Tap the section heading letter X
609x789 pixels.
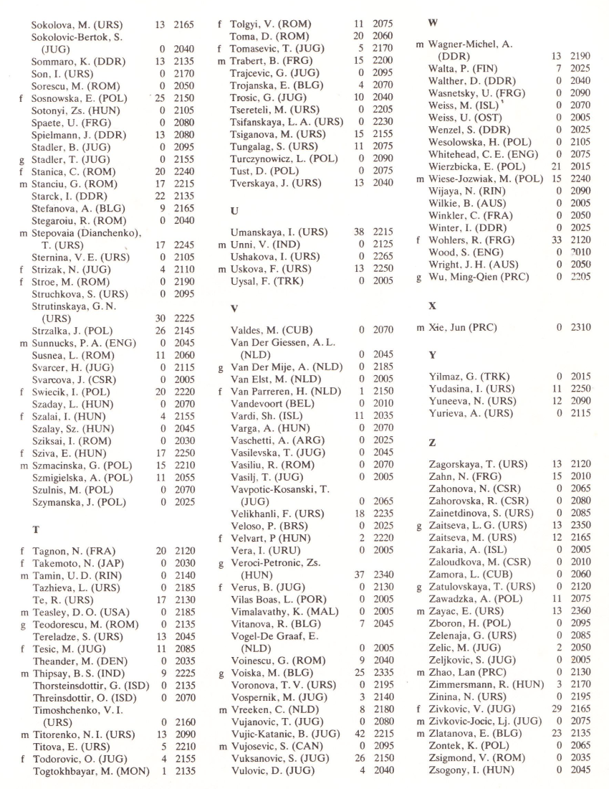click(x=432, y=306)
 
